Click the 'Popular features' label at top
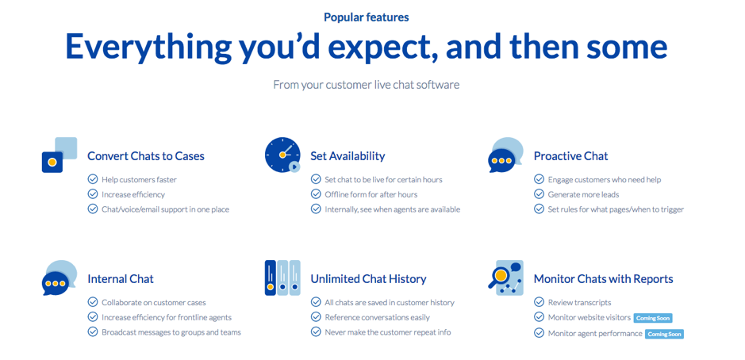(x=366, y=16)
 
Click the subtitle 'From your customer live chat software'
(x=366, y=84)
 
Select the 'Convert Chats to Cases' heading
(x=145, y=156)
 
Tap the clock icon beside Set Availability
(x=282, y=155)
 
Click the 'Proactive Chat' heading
(x=570, y=156)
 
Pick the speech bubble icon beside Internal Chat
(x=60, y=278)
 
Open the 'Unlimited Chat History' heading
(x=368, y=279)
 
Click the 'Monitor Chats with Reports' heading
(x=603, y=279)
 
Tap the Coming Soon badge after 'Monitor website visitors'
(x=653, y=318)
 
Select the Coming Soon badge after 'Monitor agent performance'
(x=664, y=334)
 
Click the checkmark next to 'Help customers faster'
(x=93, y=179)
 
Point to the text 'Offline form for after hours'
(x=371, y=194)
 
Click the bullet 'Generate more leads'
(x=583, y=194)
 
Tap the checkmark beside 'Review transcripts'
(x=540, y=302)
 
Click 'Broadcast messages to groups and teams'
(x=171, y=332)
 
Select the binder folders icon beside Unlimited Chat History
(x=282, y=278)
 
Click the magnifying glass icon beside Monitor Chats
(x=501, y=277)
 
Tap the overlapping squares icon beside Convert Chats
(x=60, y=155)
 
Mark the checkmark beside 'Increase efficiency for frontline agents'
(x=93, y=317)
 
